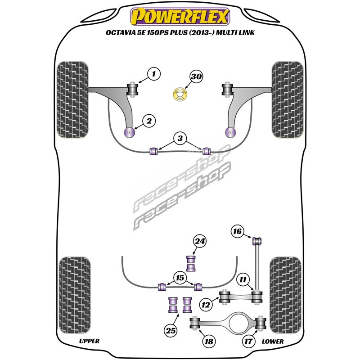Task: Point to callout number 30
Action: tap(195, 77)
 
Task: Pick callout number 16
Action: tap(237, 232)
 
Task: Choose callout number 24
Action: tap(199, 242)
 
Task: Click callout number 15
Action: tap(180, 279)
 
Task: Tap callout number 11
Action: tap(243, 280)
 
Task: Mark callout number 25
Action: tap(170, 332)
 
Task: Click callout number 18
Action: tap(209, 342)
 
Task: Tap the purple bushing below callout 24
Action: tap(192, 263)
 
